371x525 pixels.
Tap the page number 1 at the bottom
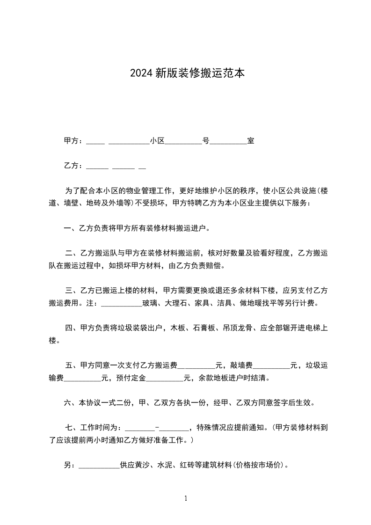[186, 498]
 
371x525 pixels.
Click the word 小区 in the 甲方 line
[157, 141]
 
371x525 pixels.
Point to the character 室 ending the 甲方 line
[251, 141]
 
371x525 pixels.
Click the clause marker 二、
[72, 254]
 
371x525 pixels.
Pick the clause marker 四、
[72, 328]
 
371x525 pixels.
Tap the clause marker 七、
[72, 428]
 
